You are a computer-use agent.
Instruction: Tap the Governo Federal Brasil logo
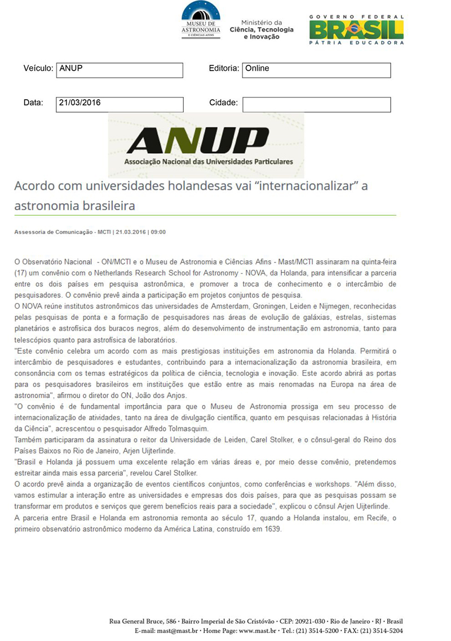pos(356,29)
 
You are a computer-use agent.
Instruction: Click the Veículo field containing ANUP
pos(120,70)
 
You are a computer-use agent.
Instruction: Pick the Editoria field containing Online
pos(316,70)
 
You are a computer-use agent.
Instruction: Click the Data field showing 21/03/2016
pos(120,104)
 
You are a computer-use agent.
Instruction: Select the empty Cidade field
pos(316,104)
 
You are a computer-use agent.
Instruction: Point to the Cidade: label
pos(223,103)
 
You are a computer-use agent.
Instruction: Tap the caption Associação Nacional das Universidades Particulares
pos(209,162)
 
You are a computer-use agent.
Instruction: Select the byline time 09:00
pos(158,232)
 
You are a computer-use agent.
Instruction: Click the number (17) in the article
pos(21,272)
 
